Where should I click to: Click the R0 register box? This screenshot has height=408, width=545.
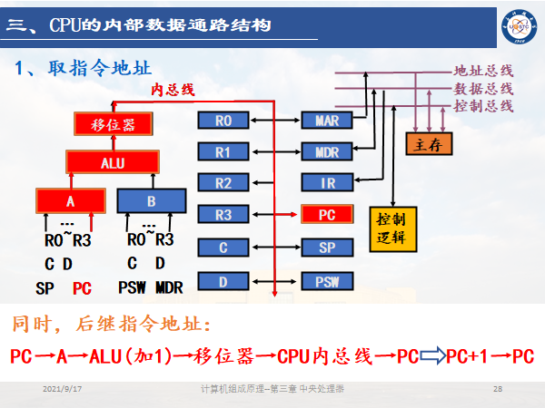pyautogui.click(x=223, y=121)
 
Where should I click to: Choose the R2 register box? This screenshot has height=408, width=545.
pyautogui.click(x=223, y=183)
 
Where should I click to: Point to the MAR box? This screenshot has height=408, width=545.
pyautogui.click(x=327, y=121)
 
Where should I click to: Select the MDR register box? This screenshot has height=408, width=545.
pyautogui.click(x=327, y=151)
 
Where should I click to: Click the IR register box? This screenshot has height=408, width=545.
pyautogui.click(x=327, y=183)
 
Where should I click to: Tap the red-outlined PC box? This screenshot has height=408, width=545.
pyautogui.click(x=327, y=215)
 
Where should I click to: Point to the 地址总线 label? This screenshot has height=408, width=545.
pyautogui.click(x=483, y=70)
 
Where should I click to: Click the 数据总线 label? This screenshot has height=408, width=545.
pyautogui.click(x=483, y=88)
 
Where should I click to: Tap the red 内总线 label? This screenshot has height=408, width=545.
pyautogui.click(x=173, y=89)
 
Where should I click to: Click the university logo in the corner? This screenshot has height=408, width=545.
pyautogui.click(x=518, y=23)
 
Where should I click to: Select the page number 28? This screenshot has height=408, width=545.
pyautogui.click(x=497, y=389)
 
